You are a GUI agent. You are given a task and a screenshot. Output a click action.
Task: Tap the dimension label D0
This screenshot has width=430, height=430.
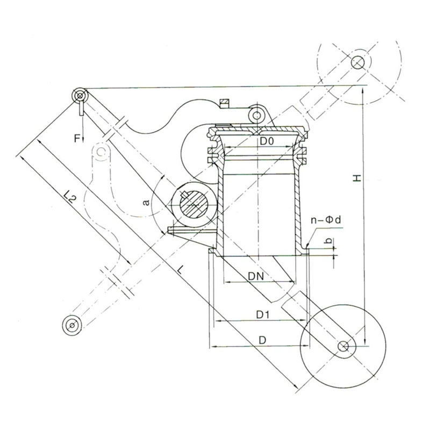pos(267,141)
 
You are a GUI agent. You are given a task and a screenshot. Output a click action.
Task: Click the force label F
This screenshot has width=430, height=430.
pos(77,139)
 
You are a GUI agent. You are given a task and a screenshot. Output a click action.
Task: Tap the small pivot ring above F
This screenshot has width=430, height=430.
pos(80,96)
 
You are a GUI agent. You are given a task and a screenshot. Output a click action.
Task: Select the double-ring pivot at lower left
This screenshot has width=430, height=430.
pos(70,325)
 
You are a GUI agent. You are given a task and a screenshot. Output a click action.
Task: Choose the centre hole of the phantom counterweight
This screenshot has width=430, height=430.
pos(359,63)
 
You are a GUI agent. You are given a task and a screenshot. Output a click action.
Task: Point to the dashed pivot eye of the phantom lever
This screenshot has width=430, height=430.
pos(101,153)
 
